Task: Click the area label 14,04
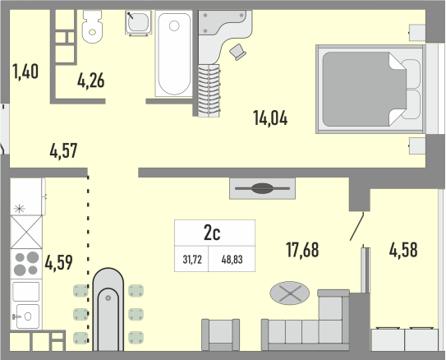(x=270, y=118)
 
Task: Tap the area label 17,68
(x=302, y=250)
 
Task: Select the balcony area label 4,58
(x=403, y=250)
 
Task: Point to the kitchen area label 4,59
(x=58, y=262)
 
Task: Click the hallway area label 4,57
(x=63, y=150)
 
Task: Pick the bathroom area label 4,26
(x=90, y=81)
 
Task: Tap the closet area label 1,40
(x=25, y=72)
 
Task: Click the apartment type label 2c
(x=212, y=233)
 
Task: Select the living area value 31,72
(x=192, y=260)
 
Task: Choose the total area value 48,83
(x=232, y=260)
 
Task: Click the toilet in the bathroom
(x=92, y=26)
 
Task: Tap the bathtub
(x=174, y=53)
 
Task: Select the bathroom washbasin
(x=138, y=23)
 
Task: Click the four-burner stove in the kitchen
(x=26, y=264)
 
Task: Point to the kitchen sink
(x=26, y=316)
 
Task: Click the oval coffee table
(x=290, y=293)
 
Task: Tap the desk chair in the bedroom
(x=237, y=52)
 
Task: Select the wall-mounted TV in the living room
(x=262, y=188)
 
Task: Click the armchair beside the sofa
(x=220, y=335)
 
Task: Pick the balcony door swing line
(x=356, y=227)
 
